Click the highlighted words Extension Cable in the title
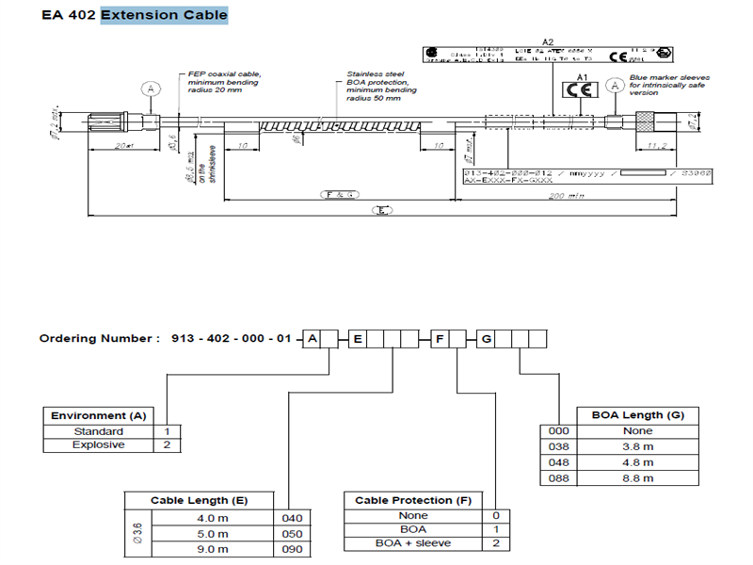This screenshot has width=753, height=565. click(164, 15)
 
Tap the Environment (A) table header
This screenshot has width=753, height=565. click(99, 415)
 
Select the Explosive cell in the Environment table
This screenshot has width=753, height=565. click(99, 444)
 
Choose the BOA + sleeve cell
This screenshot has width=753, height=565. click(413, 543)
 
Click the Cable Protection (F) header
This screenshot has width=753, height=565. click(413, 500)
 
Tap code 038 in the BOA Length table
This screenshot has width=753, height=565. click(560, 446)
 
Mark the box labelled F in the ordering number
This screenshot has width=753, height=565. click(438, 338)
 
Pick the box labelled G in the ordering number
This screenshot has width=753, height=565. click(486, 338)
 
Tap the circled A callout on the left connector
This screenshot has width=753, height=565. click(149, 89)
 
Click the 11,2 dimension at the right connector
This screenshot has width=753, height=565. click(657, 145)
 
